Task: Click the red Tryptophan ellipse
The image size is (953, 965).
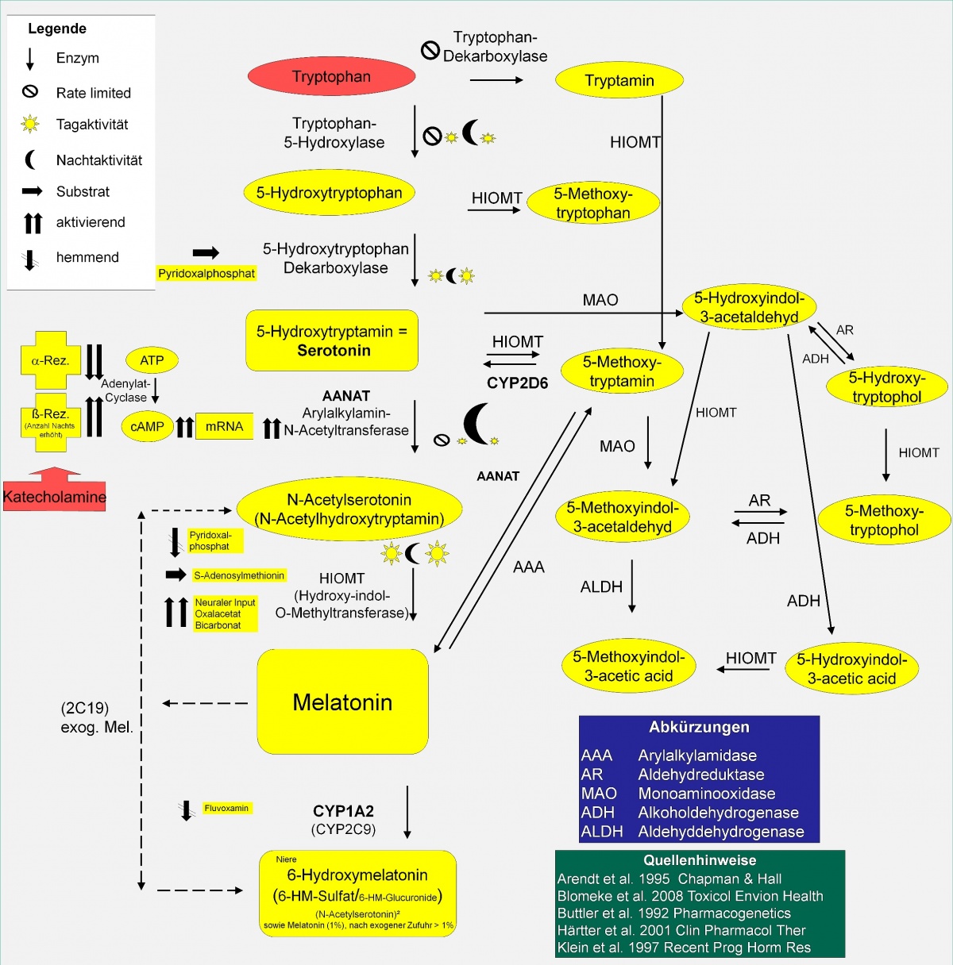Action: point(331,77)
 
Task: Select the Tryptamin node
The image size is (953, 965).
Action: point(619,80)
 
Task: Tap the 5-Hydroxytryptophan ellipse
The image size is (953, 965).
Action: point(329,193)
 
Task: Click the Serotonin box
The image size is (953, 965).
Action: point(331,340)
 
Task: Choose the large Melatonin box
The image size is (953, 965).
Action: point(342,702)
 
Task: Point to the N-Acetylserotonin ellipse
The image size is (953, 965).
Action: point(349,509)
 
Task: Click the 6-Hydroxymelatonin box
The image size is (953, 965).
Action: point(357,893)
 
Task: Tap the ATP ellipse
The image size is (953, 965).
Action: point(152,360)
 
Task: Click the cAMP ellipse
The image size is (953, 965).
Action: point(147,427)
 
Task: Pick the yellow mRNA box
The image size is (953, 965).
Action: point(224,427)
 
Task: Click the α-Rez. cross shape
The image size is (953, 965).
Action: point(50,360)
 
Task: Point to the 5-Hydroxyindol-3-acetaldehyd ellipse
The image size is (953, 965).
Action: point(749,307)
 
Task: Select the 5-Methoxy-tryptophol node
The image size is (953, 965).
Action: point(884,521)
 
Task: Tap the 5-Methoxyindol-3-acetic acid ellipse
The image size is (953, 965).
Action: point(628,667)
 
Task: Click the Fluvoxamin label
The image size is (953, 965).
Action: point(226,809)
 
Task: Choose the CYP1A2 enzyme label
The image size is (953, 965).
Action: point(343,811)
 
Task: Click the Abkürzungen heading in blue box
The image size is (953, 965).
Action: point(699,727)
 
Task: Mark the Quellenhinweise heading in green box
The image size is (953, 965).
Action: point(700,860)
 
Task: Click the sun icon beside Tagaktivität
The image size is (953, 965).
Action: point(30,124)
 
